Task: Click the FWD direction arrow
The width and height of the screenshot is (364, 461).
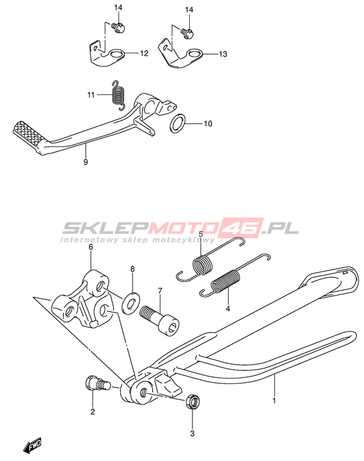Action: pos(32,445)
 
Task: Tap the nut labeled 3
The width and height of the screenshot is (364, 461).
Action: pos(193,400)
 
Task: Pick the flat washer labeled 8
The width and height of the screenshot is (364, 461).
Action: pos(131,303)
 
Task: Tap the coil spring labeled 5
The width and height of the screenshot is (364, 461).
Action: pos(210,258)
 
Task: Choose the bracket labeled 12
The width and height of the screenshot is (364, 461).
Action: pos(107,54)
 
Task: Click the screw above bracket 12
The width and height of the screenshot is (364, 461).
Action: pos(118,27)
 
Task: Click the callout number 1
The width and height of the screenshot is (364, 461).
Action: pos(274,400)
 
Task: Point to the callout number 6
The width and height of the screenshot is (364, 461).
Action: pos(91,247)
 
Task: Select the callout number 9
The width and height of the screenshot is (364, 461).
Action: pos(85,161)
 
